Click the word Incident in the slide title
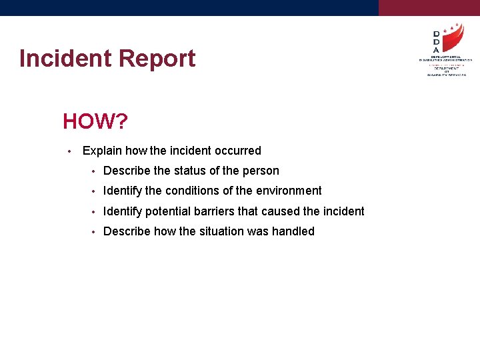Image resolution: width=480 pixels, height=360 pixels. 64,59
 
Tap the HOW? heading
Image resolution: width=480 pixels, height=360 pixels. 95,121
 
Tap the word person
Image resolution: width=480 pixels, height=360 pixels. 261,171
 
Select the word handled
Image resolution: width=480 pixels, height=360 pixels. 293,231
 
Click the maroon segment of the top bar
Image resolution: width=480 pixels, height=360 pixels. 429,7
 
